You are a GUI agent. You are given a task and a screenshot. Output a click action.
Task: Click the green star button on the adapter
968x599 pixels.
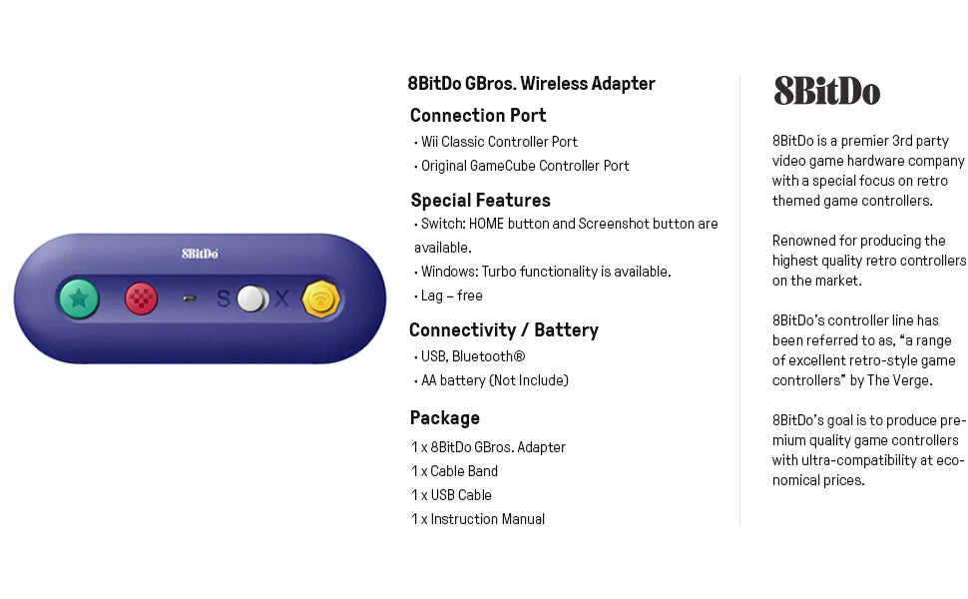point(79,299)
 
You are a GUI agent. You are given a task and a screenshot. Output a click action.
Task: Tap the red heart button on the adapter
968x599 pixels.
point(141,299)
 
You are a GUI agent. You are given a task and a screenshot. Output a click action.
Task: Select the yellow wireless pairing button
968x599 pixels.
point(321,299)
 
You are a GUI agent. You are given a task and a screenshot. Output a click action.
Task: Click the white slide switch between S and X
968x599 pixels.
point(252,299)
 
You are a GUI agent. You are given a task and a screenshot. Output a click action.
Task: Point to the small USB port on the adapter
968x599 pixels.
point(189,299)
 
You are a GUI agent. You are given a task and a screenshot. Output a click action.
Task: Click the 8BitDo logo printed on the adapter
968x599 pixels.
point(200,254)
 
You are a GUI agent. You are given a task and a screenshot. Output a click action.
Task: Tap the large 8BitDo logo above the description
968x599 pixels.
point(826,92)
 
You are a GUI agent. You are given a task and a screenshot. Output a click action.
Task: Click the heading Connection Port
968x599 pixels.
point(478,115)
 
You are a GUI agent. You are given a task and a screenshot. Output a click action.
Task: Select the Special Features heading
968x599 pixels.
point(480,200)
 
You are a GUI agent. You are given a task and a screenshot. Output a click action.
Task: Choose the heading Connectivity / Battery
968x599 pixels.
point(504,329)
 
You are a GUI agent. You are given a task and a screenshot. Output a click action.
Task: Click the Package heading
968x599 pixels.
point(445,417)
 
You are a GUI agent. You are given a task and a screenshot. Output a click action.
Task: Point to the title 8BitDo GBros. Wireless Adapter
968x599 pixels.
point(531,84)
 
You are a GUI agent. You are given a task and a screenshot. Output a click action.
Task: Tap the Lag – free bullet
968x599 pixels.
point(451,296)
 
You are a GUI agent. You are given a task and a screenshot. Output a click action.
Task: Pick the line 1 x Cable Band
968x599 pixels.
point(455,471)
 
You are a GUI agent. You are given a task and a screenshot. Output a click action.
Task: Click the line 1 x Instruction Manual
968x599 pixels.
point(478,519)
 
